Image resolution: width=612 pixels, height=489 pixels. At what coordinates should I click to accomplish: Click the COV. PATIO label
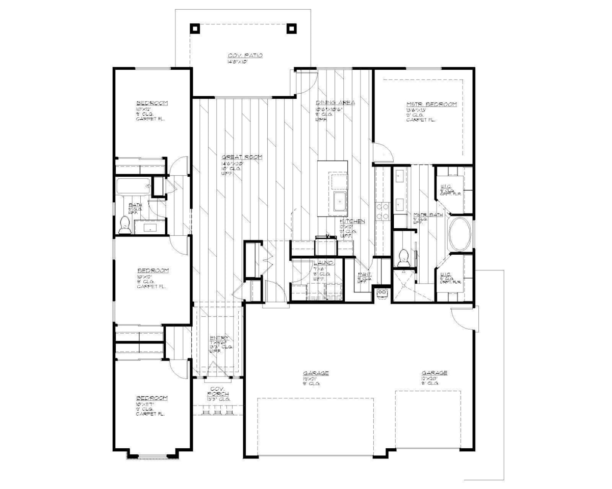pyautogui.click(x=245, y=56)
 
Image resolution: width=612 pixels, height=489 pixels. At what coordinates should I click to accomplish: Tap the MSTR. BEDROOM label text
pyautogui.click(x=431, y=104)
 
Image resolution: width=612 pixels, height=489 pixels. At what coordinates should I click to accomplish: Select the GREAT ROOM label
pyautogui.click(x=242, y=157)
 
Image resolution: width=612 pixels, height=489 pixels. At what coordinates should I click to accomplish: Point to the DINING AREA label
pyautogui.click(x=335, y=102)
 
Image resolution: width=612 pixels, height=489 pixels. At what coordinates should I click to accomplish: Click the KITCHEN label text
pyautogui.click(x=352, y=222)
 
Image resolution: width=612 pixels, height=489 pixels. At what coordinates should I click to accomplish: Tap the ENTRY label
pyautogui.click(x=219, y=338)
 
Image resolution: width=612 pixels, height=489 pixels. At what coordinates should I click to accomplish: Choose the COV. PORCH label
pyautogui.click(x=218, y=392)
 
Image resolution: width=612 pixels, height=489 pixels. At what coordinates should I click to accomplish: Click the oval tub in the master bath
pyautogui.click(x=461, y=234)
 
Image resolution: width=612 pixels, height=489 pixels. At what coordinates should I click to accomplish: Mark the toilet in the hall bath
pyautogui.click(x=124, y=225)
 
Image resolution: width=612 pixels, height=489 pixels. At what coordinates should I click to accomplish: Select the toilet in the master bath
pyautogui.click(x=403, y=257)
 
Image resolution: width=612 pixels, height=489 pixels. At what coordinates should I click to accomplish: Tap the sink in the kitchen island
pyautogui.click(x=340, y=201)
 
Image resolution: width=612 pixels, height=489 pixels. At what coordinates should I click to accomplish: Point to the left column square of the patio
pyautogui.click(x=195, y=29)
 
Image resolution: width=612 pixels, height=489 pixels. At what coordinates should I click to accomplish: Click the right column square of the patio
pyautogui.click(x=292, y=29)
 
